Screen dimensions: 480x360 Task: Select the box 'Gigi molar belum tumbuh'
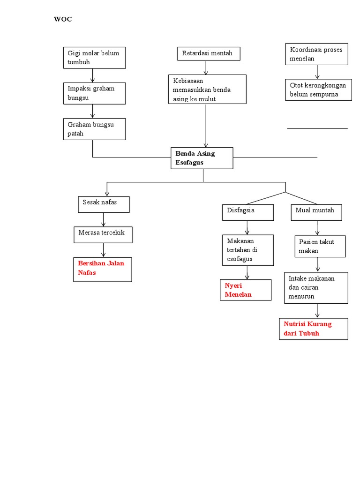coord(94,57)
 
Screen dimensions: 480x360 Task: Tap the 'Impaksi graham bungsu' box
coord(94,93)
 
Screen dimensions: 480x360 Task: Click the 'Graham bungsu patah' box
coord(94,129)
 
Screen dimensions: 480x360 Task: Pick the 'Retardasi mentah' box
coord(209,53)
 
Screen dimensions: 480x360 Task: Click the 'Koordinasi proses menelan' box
coord(317,54)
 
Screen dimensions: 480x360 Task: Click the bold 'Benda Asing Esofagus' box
coord(202,158)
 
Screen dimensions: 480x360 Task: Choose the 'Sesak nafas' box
coord(103,204)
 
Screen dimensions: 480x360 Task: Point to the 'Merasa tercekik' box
coord(103,235)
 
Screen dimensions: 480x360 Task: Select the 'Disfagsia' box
coord(247,212)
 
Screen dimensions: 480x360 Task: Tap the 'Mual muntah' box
coord(316,212)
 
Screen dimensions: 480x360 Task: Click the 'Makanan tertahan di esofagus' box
coord(247,250)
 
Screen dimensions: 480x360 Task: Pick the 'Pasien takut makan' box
coord(321,247)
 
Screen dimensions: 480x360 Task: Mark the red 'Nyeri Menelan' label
coord(246,290)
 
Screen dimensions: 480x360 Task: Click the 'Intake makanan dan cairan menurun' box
coord(316,287)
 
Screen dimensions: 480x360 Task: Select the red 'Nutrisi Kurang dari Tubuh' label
coord(314,329)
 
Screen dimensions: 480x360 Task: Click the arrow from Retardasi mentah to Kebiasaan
coord(206,67)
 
